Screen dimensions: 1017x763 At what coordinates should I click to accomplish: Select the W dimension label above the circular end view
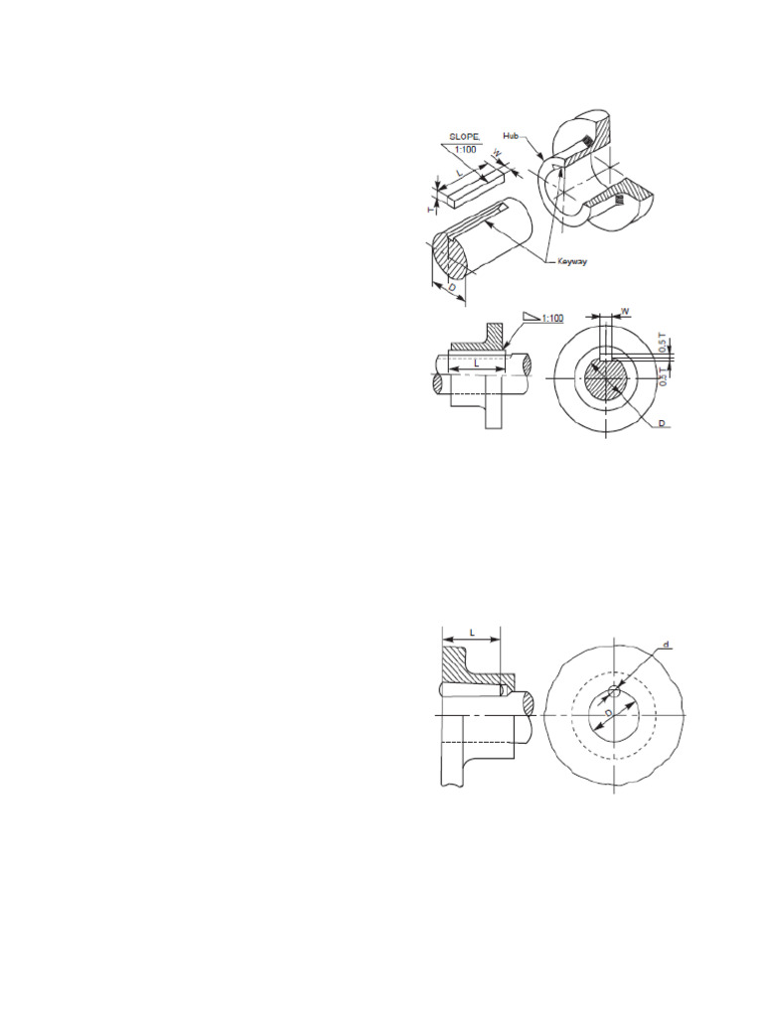[x=625, y=311]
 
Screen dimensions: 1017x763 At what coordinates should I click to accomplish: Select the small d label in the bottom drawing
[x=666, y=645]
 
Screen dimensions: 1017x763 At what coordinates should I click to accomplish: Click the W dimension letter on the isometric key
[x=498, y=156]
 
